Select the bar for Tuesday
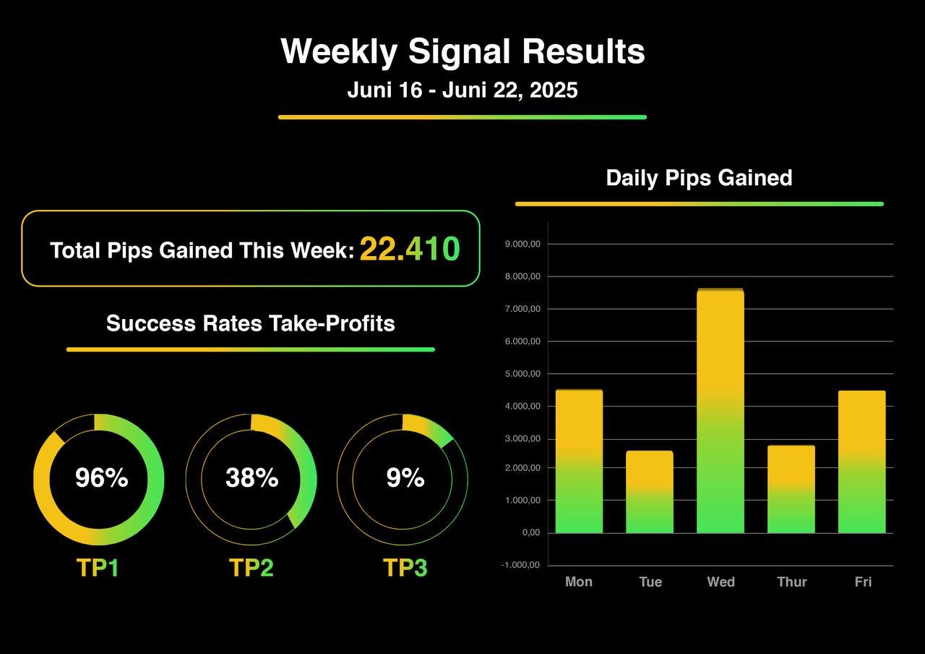(x=650, y=492)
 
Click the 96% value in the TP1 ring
(x=101, y=478)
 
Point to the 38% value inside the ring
(x=251, y=478)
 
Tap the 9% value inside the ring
(x=405, y=478)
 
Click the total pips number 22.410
(x=409, y=250)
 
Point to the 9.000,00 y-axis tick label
(x=522, y=245)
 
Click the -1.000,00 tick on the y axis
(x=521, y=566)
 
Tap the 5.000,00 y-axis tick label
(x=522, y=374)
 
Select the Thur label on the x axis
(x=791, y=582)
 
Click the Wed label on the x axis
(x=720, y=582)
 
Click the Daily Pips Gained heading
(x=699, y=178)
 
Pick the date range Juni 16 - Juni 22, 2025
(x=462, y=90)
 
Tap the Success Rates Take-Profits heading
(x=251, y=323)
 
